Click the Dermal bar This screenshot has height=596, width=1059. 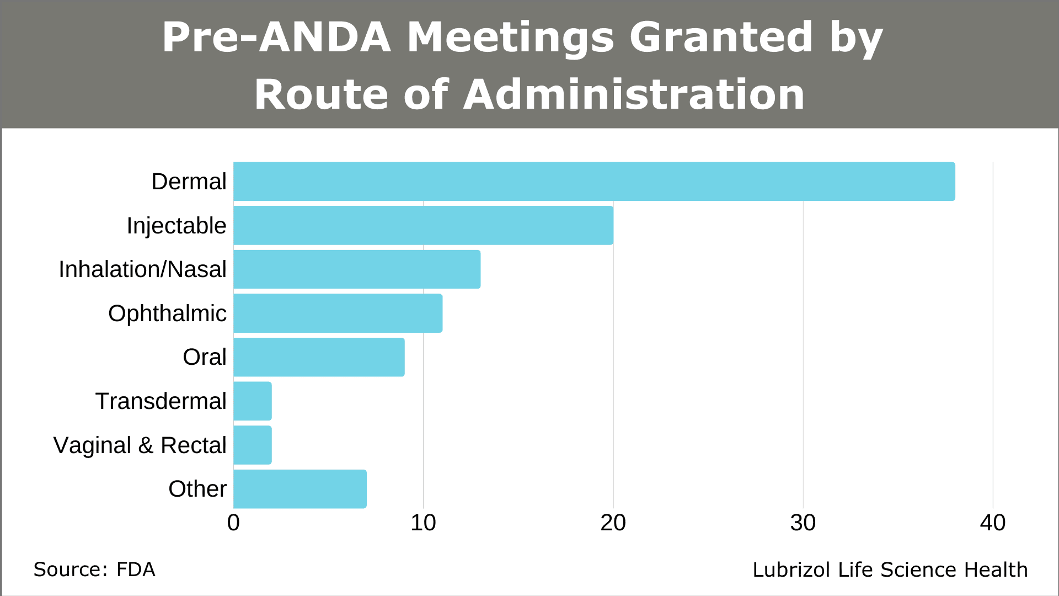click(x=594, y=182)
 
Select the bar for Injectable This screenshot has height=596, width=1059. click(x=423, y=225)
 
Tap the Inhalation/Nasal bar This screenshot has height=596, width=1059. click(x=357, y=269)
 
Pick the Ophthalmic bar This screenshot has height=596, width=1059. click(x=338, y=313)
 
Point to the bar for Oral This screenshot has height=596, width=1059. click(x=319, y=357)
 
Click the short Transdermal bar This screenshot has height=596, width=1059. click(x=253, y=401)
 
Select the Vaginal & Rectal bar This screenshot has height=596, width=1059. click(x=253, y=445)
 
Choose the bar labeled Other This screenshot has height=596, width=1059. click(x=300, y=489)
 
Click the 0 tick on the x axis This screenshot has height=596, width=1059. click(x=233, y=523)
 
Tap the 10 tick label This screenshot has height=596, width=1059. click(x=423, y=523)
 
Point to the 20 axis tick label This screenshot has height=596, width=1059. click(x=613, y=523)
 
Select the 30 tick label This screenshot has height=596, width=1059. click(x=803, y=523)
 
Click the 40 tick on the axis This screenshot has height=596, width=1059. click(x=992, y=523)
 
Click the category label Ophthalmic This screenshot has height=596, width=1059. click(x=167, y=313)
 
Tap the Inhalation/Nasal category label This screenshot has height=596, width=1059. click(x=142, y=269)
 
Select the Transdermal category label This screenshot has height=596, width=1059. click(x=161, y=401)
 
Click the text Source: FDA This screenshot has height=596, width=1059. click(x=94, y=570)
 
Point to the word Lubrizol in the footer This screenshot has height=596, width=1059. click(x=792, y=570)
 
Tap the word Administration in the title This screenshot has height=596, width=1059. click(x=634, y=94)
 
